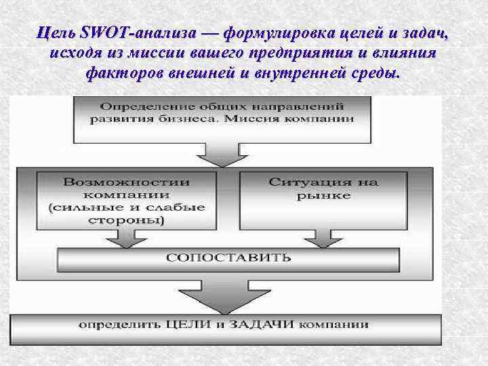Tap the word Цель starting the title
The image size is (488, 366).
(56, 32)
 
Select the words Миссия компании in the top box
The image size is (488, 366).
(306, 119)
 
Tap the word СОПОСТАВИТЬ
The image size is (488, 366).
(229, 258)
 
